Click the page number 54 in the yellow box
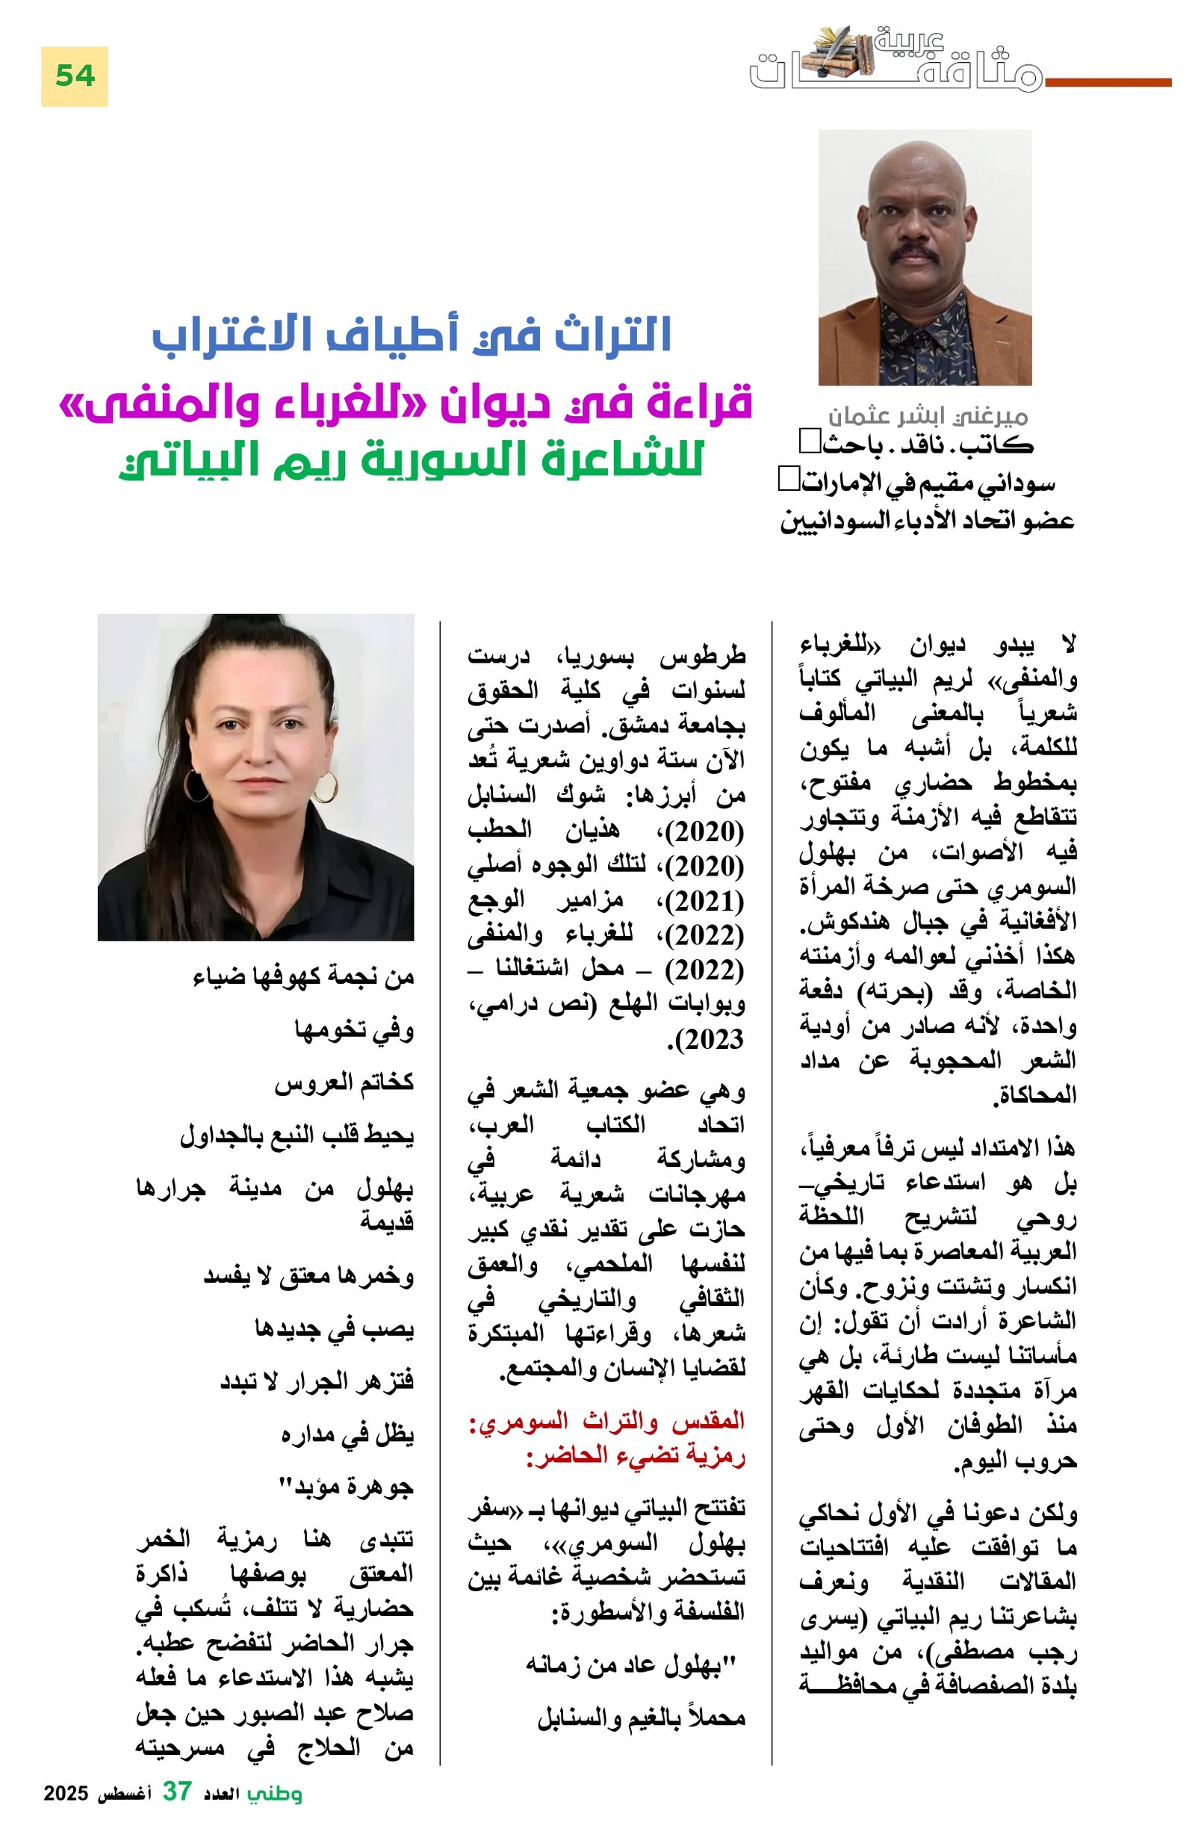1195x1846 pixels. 75,76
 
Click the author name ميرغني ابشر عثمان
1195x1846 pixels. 928,417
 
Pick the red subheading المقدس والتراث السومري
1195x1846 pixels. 606,1421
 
